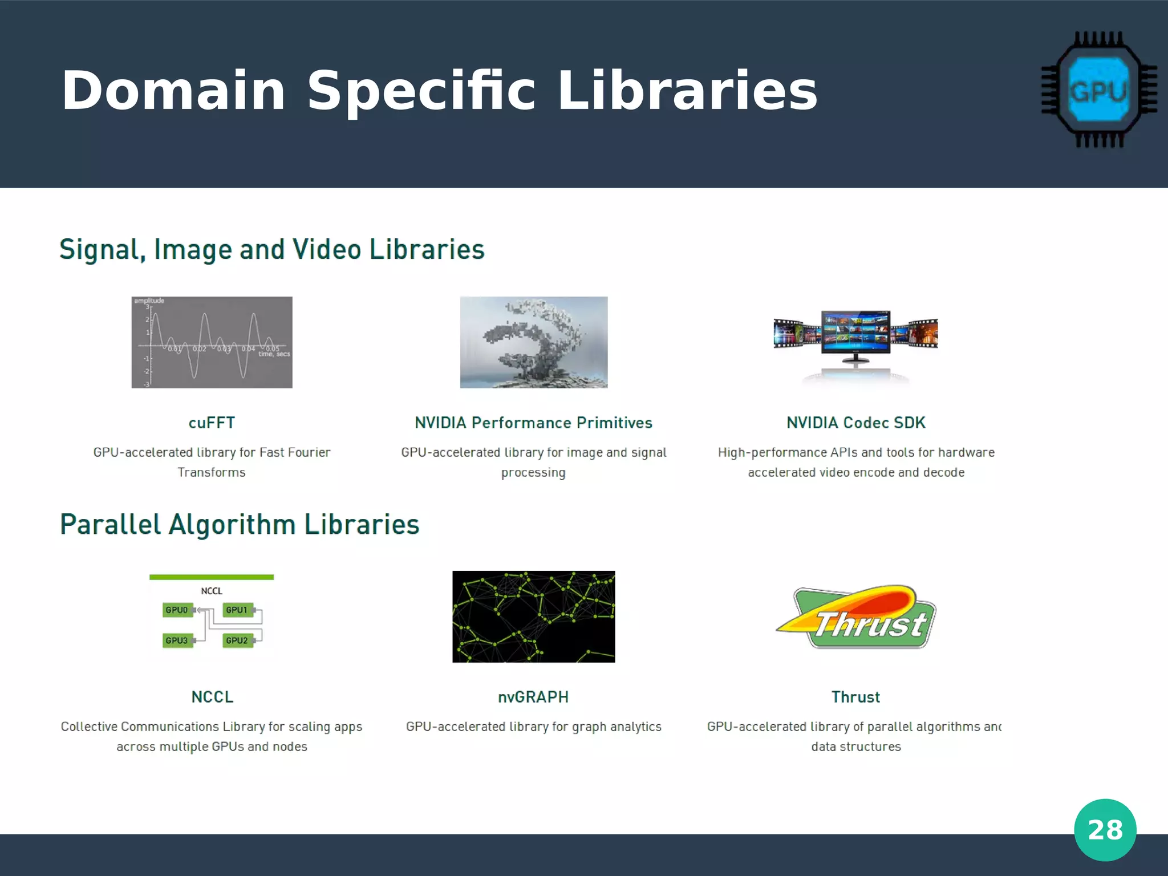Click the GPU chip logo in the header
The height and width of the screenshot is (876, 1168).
point(1099,90)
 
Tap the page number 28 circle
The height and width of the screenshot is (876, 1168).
point(1105,830)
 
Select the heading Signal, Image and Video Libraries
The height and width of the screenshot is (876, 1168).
point(271,250)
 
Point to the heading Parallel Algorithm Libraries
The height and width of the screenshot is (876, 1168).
point(240,525)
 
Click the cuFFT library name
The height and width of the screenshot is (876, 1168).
point(212,423)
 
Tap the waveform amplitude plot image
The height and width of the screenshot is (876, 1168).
point(212,342)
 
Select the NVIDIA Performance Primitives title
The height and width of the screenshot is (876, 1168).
point(533,423)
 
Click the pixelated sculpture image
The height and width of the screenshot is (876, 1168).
point(534,342)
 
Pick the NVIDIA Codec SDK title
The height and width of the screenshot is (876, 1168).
point(855,423)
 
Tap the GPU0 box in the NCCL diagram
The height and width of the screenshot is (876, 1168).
point(177,610)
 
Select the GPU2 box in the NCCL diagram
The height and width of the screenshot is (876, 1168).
point(237,640)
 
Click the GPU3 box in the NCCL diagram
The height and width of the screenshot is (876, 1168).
point(177,640)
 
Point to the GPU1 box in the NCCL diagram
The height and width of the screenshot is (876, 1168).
point(237,610)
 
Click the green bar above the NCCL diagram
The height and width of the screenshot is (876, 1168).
point(212,577)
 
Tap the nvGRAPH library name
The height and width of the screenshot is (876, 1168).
point(533,697)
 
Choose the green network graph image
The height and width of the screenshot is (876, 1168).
point(533,617)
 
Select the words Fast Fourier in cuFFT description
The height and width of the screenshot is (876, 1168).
point(295,453)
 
